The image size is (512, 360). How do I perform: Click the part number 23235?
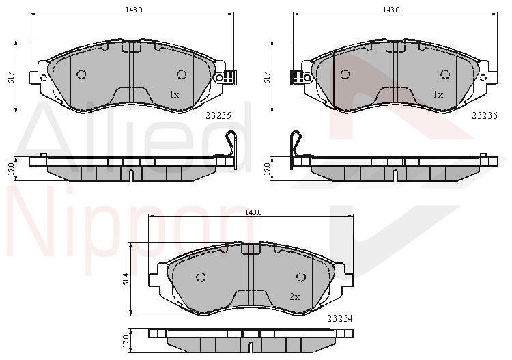[x=218, y=115]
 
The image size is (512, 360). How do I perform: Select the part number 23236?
[x=485, y=115]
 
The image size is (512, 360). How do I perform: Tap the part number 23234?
[x=340, y=318]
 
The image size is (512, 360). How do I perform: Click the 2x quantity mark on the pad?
[x=294, y=296]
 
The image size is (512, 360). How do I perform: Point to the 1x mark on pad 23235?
[x=174, y=95]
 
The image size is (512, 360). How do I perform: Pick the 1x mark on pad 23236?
[x=438, y=95]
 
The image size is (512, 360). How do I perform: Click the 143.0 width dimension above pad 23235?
[x=134, y=10]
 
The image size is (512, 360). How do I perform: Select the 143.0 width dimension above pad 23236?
[x=391, y=10]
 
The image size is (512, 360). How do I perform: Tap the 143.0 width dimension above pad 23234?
[x=253, y=212]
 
